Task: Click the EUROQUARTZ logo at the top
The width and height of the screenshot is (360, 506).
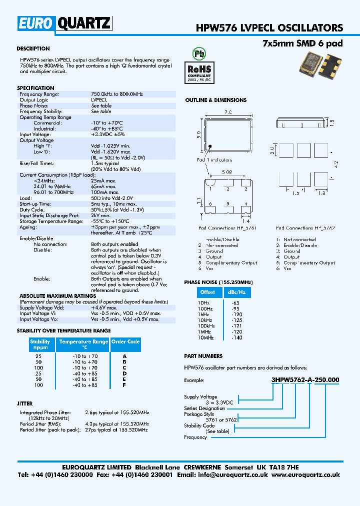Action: (x=65, y=23)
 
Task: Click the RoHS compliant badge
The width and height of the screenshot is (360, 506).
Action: (x=199, y=70)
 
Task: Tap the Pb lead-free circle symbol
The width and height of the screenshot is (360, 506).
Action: (x=199, y=53)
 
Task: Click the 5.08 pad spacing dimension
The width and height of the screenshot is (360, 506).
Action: (x=227, y=172)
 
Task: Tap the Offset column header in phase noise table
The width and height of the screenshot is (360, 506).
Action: (x=207, y=292)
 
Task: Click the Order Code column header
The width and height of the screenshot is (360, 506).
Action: (x=125, y=342)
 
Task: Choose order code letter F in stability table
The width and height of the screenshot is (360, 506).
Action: (x=124, y=385)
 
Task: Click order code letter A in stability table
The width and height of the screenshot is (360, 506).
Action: (x=124, y=356)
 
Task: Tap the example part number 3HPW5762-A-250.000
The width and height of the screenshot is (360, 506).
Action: (x=305, y=380)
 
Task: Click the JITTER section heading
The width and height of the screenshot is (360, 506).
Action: (x=24, y=403)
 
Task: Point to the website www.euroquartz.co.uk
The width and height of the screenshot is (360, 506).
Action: (x=306, y=475)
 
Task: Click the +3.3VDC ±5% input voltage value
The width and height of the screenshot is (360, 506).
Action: (x=107, y=134)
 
